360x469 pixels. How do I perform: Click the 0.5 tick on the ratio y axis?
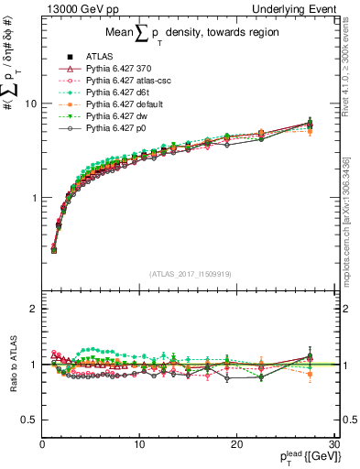tap(30, 420)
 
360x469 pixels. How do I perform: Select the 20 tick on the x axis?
tap(236, 444)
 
